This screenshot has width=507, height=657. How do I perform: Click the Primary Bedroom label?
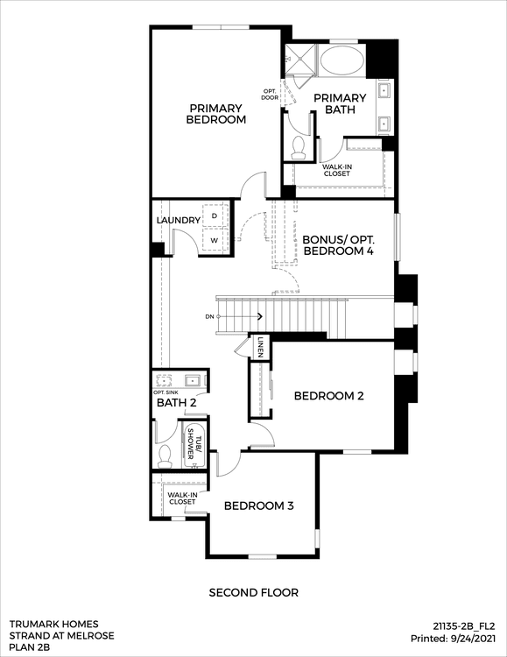tap(215, 114)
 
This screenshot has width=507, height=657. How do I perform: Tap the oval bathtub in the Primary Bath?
tap(342, 60)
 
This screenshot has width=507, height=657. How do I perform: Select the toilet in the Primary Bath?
tap(299, 148)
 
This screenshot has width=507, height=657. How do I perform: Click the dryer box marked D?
tap(215, 215)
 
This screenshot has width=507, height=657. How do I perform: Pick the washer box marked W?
tap(215, 240)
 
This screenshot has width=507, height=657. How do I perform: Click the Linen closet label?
tap(261, 347)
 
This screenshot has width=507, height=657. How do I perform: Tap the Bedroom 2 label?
tap(329, 396)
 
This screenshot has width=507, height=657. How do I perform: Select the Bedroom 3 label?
tap(259, 505)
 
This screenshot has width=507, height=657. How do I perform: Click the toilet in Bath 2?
tap(165, 456)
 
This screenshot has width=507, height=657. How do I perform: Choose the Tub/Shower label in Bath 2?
tap(195, 444)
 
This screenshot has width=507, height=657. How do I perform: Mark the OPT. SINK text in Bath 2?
tap(165, 392)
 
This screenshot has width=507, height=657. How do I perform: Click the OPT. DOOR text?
tap(270, 95)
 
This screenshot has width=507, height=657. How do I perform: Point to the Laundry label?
tap(179, 221)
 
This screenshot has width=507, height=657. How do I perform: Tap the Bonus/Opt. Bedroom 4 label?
tap(339, 245)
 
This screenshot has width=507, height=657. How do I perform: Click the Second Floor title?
tap(254, 593)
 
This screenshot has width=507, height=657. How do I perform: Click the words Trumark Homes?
tap(53, 625)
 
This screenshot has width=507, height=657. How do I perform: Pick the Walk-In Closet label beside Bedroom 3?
tap(182, 498)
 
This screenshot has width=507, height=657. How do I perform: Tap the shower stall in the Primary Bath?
tap(300, 60)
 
